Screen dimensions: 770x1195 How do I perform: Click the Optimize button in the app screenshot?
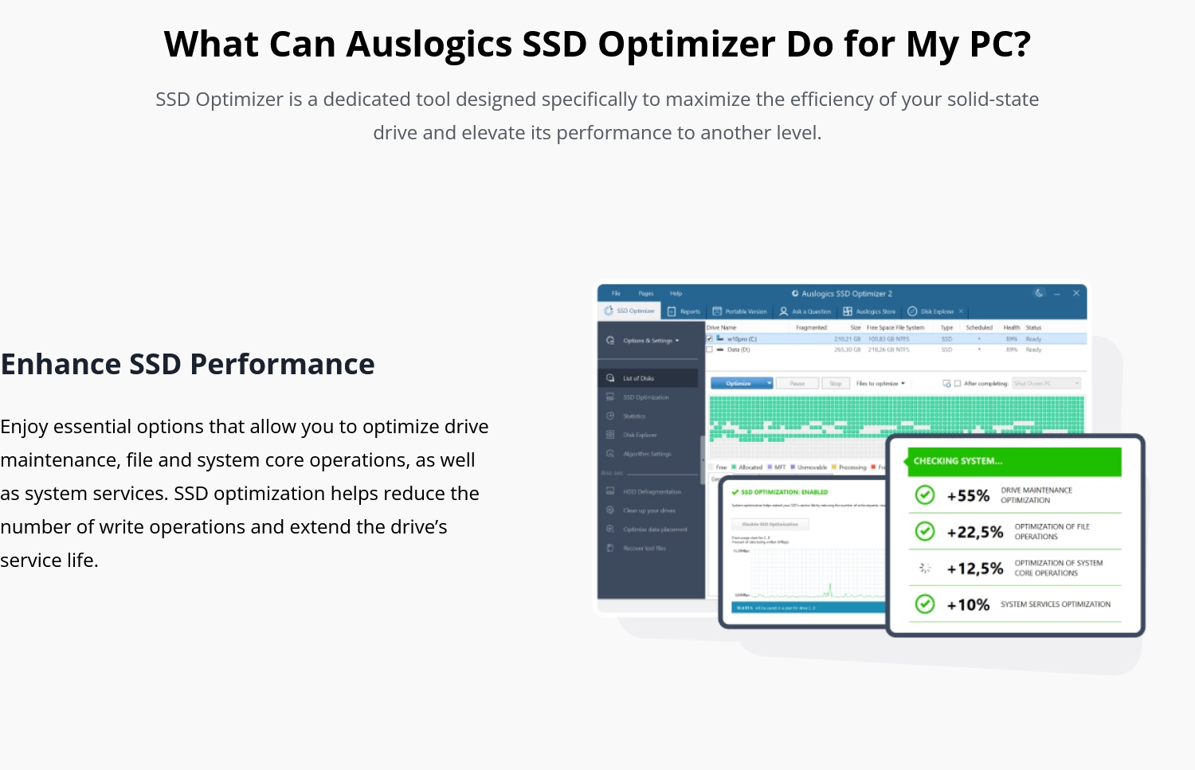tap(739, 383)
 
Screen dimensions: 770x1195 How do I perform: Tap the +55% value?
tap(968, 496)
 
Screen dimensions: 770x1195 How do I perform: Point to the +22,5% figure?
tap(974, 533)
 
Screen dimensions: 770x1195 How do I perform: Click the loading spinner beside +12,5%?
tap(925, 568)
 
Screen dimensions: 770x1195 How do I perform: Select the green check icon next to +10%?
tap(925, 604)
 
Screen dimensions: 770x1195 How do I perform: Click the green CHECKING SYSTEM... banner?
tap(1013, 461)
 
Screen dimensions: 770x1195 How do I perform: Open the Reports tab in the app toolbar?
tap(684, 311)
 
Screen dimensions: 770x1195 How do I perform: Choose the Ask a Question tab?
tap(805, 311)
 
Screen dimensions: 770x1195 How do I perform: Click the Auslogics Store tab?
tap(869, 311)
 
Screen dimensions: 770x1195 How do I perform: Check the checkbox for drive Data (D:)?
tap(710, 350)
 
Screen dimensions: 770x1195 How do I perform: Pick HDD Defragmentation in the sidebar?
tap(651, 492)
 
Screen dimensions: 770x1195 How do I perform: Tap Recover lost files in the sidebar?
tap(644, 549)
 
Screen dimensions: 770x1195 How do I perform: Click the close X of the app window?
tap(1075, 293)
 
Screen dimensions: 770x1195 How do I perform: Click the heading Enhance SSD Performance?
tap(188, 365)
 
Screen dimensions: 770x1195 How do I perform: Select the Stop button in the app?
tap(835, 383)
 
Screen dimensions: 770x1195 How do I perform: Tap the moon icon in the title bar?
tap(1039, 293)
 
